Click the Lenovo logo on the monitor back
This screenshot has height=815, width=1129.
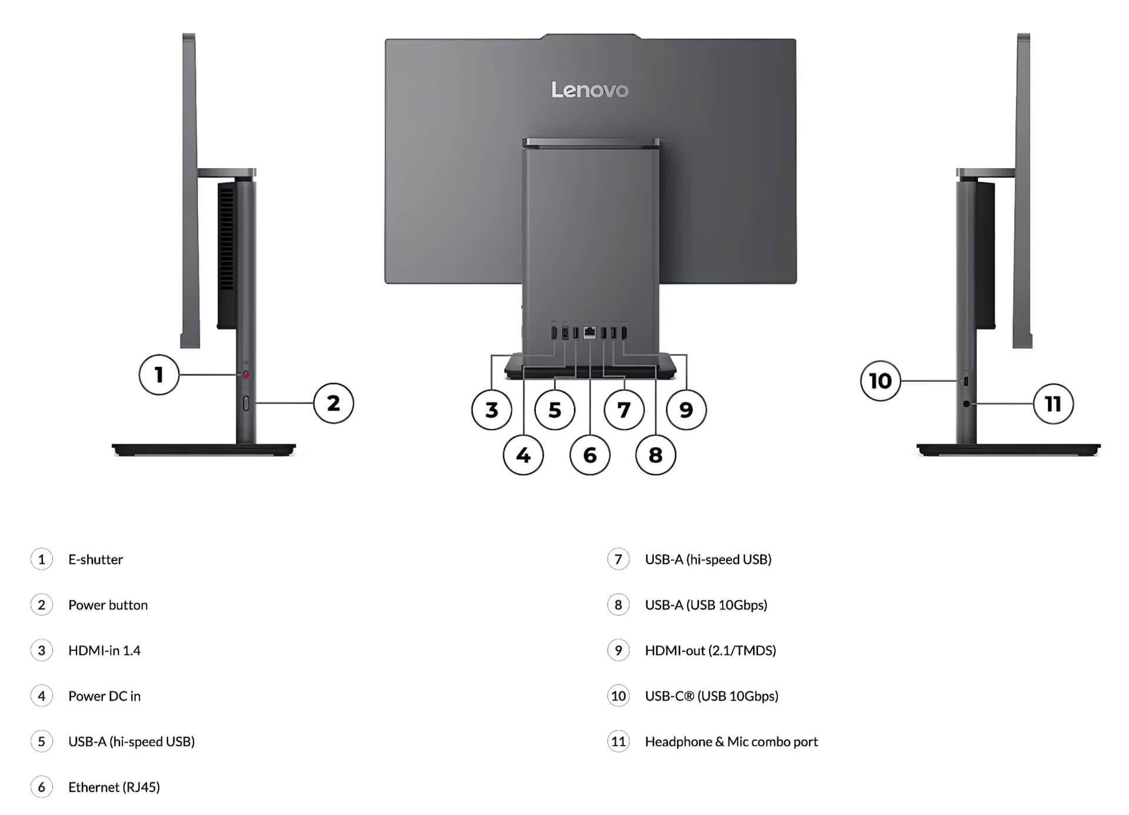(590, 90)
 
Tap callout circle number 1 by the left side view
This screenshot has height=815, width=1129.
(159, 375)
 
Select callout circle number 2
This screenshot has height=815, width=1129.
(333, 403)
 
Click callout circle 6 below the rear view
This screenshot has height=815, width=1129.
(590, 455)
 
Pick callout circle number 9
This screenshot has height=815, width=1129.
(686, 410)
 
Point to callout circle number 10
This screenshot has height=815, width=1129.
(880, 381)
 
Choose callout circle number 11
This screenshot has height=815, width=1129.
(1053, 404)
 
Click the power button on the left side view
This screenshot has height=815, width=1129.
(246, 403)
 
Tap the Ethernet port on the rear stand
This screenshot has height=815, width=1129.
(590, 333)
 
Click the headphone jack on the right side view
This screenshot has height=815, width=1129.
(966, 404)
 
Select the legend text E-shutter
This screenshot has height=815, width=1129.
(95, 559)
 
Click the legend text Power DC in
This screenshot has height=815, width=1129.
(104, 696)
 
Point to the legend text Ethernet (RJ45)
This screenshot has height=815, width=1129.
(114, 787)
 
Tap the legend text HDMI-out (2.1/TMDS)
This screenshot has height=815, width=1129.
(710, 650)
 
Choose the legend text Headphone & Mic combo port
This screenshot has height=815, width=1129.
(731, 741)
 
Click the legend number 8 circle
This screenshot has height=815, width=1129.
(618, 605)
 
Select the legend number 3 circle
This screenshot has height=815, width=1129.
(41, 650)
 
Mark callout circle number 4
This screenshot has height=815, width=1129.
(523, 455)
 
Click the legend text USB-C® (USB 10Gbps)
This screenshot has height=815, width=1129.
(712, 696)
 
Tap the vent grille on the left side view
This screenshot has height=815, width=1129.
(226, 238)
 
